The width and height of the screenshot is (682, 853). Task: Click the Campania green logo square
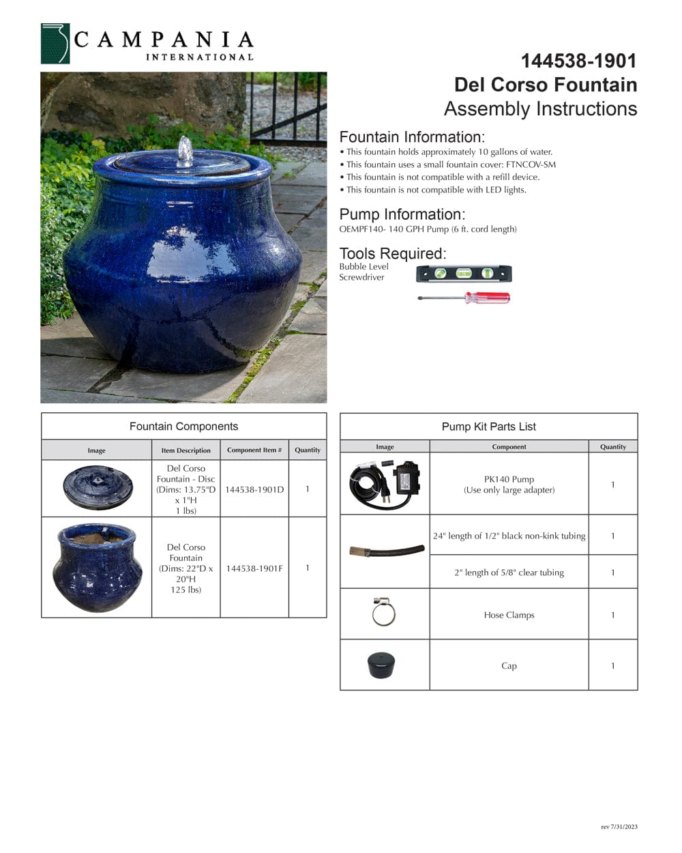pos(55,44)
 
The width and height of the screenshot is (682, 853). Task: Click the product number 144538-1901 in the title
pos(578,61)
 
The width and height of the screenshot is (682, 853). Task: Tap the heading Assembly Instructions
pos(540,109)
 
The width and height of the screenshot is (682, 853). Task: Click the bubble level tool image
pos(464,274)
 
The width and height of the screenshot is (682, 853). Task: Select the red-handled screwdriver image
pos(464,298)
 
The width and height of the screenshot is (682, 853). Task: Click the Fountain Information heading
pos(412,136)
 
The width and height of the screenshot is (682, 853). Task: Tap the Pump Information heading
pos(402,214)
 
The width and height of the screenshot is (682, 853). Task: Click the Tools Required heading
pos(393,253)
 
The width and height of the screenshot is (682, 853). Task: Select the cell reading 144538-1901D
pos(254,489)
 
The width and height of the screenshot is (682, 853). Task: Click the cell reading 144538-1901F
pos(254,568)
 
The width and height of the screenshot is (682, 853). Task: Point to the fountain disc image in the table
pos(97,487)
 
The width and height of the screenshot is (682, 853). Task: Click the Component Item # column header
pos(254,450)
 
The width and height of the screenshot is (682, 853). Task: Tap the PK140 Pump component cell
pos(509,484)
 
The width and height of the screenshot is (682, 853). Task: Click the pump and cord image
pos(385,482)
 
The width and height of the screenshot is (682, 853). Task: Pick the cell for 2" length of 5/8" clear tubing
pos(509,573)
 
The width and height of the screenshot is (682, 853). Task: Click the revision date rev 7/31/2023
pos(619,827)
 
